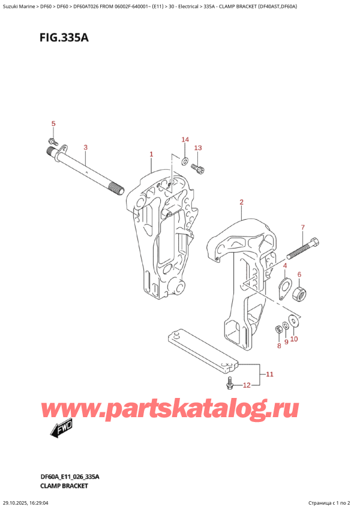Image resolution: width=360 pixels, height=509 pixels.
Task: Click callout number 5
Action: pos(53,124)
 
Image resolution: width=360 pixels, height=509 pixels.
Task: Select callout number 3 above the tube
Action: pos(86,147)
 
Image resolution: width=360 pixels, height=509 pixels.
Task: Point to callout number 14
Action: pos(185,140)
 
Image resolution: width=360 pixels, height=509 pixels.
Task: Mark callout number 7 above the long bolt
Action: pos(303,227)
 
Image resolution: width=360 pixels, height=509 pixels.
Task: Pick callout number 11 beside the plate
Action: pos(269,375)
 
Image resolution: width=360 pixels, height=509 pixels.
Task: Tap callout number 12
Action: pos(245,385)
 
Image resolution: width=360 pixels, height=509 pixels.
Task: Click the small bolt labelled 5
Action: pos(53,142)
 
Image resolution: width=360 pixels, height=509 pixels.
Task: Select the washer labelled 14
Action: pos(185,160)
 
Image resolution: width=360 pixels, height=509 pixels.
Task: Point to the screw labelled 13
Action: pos(200,170)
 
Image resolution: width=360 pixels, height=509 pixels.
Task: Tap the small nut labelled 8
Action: pos(278,328)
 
